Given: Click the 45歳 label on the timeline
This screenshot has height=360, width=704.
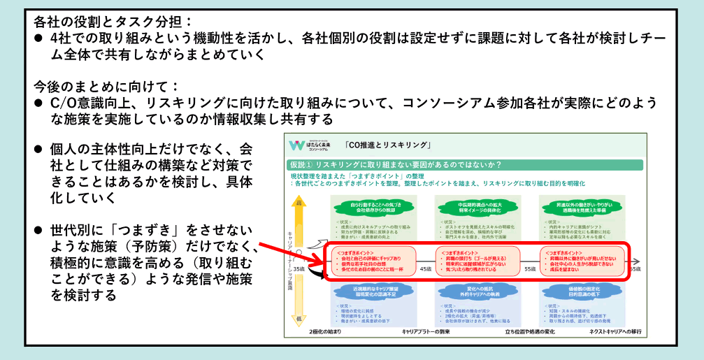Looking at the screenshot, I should click(426, 268).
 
